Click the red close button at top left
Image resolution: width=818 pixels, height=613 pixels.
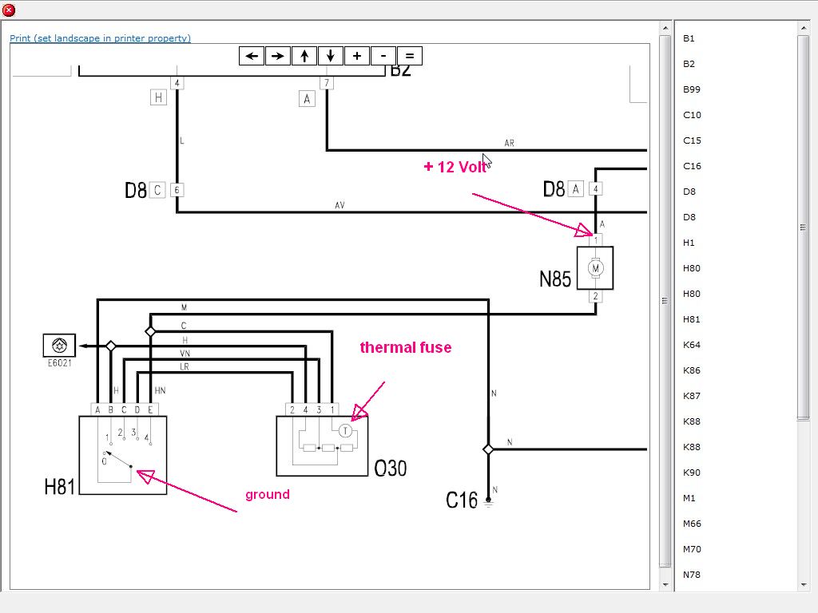(9, 10)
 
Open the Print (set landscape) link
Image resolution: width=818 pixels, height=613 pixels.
(100, 38)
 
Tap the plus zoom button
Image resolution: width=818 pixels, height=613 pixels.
(356, 56)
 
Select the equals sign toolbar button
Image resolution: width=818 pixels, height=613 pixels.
(409, 56)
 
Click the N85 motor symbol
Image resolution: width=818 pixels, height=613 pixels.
(595, 268)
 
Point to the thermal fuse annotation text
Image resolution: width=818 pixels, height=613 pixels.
(405, 347)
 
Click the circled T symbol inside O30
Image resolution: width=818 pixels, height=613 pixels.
(345, 430)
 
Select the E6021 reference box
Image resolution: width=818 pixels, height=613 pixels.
(59, 346)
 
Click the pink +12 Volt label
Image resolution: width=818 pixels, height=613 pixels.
(455, 167)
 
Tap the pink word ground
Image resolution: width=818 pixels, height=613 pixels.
(267, 495)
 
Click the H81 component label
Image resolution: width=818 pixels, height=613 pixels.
(59, 486)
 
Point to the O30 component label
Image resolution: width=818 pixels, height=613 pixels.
(390, 468)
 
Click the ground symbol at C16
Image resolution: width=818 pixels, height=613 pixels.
(488, 504)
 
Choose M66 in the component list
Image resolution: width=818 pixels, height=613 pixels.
(692, 524)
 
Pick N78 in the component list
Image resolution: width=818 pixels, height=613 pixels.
(692, 575)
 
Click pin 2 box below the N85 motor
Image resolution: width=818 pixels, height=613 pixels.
(595, 296)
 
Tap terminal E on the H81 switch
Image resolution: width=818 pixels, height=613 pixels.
(150, 409)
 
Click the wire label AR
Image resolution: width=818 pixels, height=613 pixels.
(509, 144)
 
